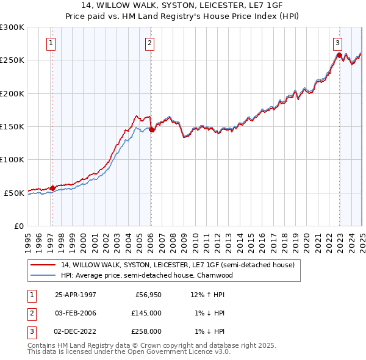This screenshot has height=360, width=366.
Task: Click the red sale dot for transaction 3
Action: pos(339,56)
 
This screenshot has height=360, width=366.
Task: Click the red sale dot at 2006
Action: pos(151,129)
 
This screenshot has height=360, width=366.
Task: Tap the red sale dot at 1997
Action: pos(52,188)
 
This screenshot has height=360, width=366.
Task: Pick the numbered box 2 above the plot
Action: pos(149,43)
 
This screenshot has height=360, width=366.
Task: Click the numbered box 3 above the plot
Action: pos(337,43)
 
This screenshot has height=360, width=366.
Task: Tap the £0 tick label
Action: pos(18,226)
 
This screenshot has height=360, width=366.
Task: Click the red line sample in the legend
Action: pos(42,265)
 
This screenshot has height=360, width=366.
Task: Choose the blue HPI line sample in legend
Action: pos(42,275)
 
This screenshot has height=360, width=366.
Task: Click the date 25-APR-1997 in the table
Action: pos(76,295)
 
